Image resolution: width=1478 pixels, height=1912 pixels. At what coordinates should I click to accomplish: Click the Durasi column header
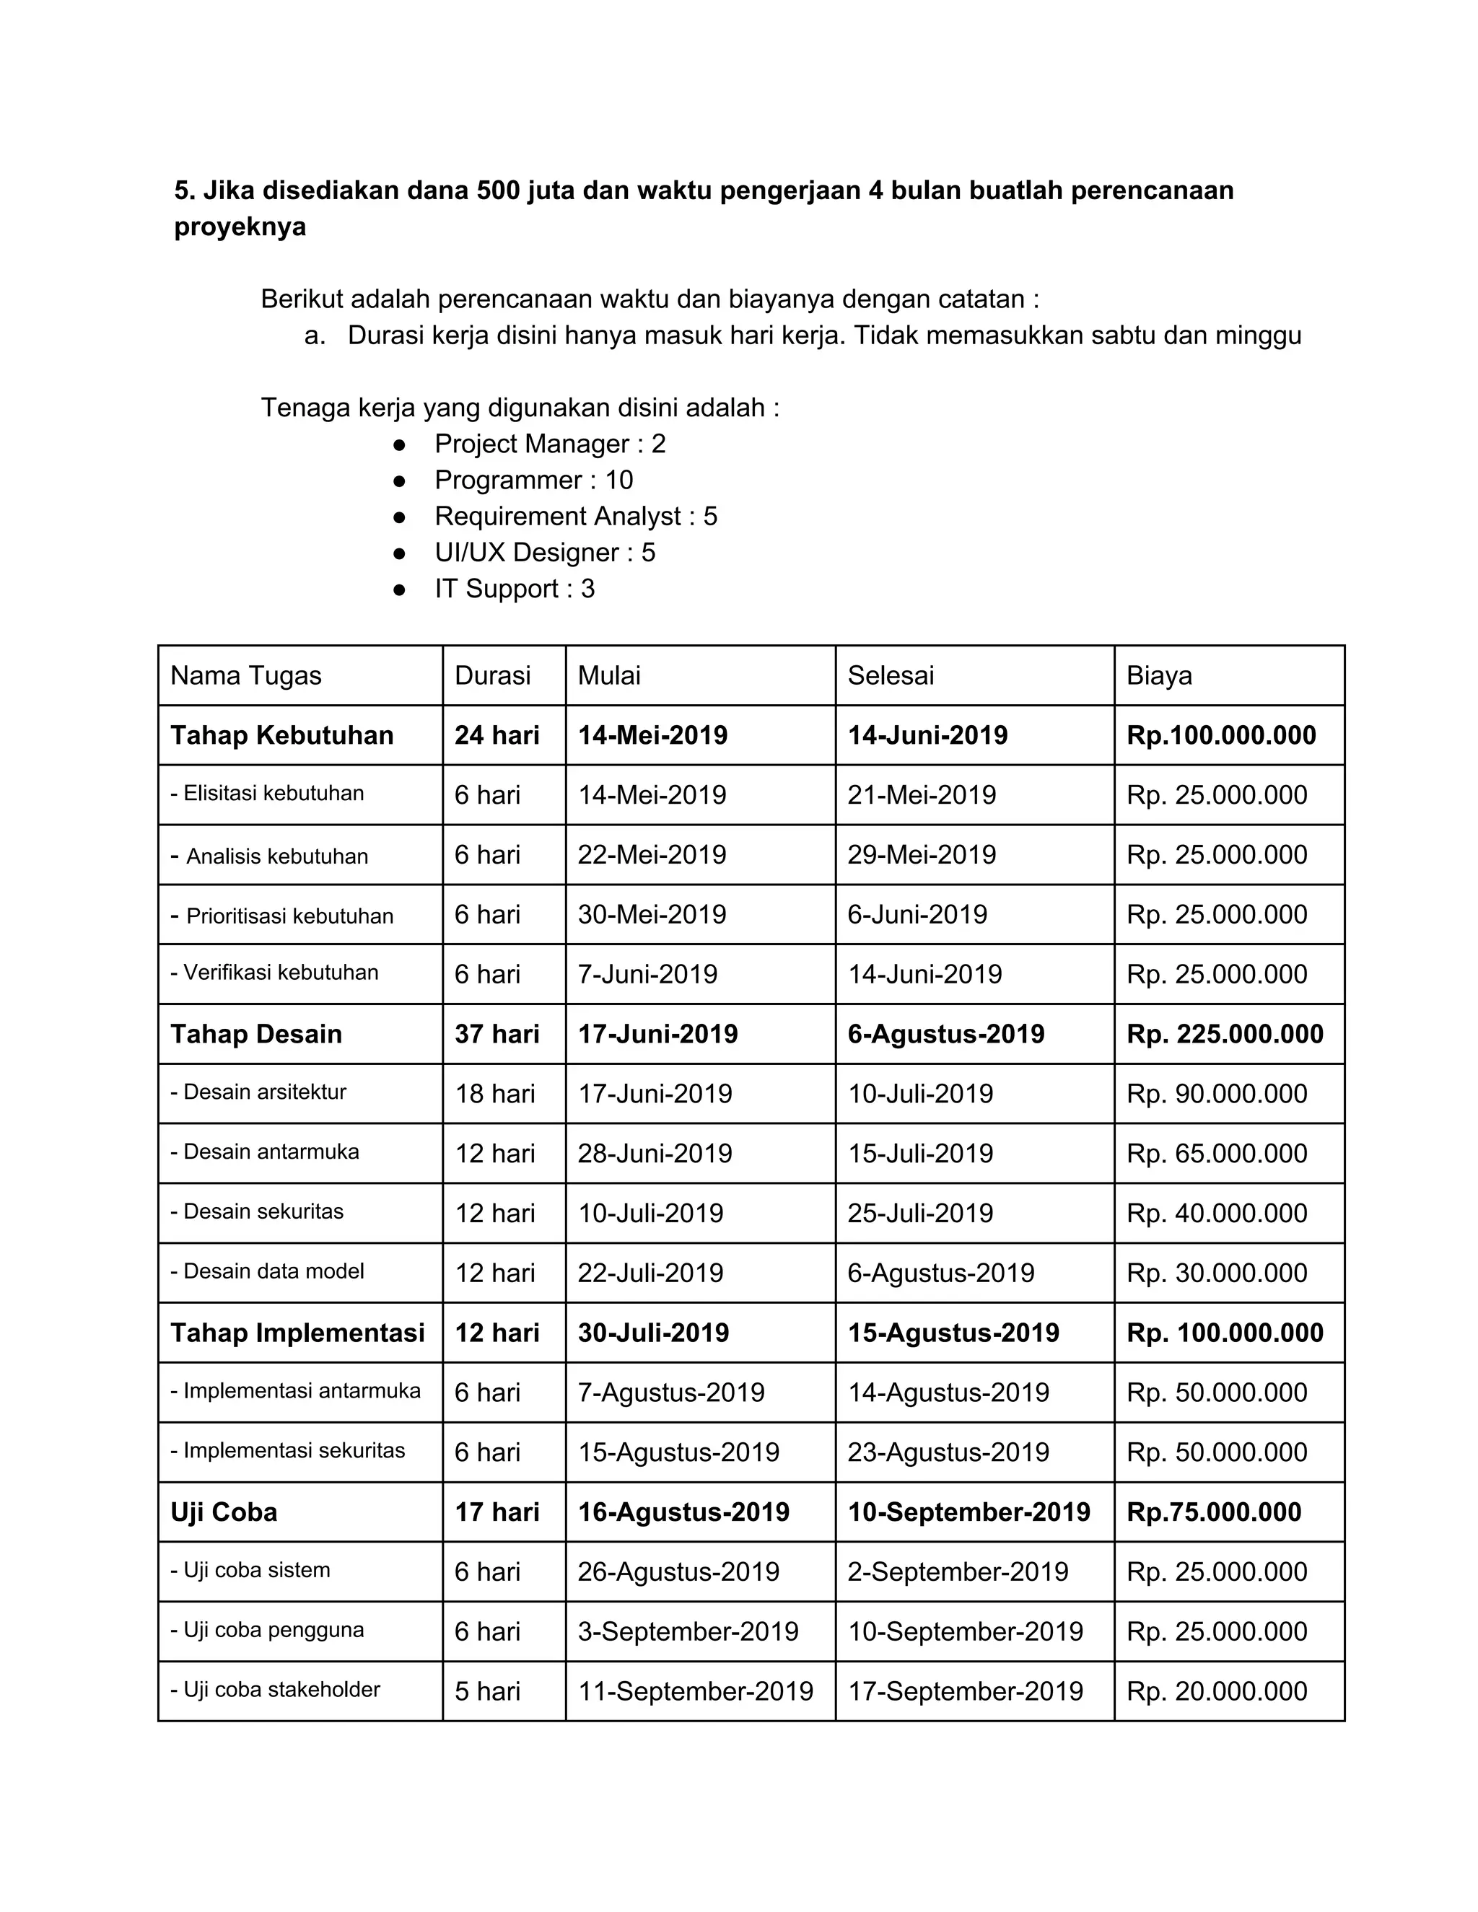(492, 675)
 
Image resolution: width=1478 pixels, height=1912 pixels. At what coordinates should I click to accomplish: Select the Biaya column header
(1158, 675)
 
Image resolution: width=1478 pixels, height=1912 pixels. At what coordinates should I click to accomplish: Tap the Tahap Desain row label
(255, 1034)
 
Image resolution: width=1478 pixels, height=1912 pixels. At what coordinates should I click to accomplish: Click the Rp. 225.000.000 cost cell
(1224, 1034)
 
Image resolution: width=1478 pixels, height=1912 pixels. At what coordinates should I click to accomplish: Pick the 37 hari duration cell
(497, 1034)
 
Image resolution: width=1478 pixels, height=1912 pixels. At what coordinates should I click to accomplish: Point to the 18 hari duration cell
(494, 1093)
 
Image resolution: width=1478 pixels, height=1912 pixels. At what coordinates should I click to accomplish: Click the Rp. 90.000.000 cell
(1216, 1093)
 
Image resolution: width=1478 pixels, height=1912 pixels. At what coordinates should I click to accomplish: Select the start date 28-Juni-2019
(654, 1153)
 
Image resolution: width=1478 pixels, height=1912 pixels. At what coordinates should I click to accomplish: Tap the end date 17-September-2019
(965, 1690)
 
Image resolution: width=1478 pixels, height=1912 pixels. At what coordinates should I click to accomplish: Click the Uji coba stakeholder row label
(275, 1690)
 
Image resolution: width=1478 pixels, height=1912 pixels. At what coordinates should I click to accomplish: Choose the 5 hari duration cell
(487, 1690)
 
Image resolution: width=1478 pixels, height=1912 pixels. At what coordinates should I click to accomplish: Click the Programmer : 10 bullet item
(533, 480)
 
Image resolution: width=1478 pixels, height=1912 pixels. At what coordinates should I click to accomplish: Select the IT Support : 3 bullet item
(514, 588)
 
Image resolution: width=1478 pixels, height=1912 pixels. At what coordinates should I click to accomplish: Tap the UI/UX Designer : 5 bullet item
(545, 553)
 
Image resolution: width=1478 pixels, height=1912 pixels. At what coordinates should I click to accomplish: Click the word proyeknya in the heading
(240, 227)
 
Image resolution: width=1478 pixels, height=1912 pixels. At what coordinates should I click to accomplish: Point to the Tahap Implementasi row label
(297, 1333)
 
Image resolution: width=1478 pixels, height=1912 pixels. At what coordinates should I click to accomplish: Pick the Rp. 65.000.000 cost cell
(1216, 1153)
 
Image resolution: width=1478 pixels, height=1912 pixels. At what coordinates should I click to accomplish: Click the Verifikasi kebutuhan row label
(274, 973)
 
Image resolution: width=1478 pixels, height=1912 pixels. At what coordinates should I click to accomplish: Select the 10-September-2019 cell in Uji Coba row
(968, 1512)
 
